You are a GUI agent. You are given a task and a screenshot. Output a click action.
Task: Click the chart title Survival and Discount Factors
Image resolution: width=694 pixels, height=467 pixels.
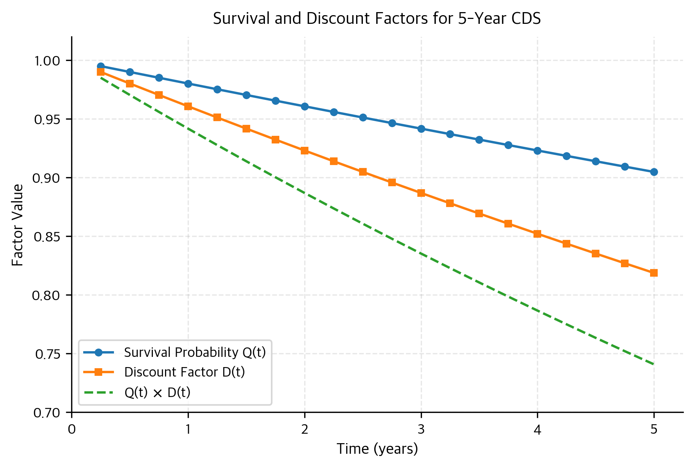377,19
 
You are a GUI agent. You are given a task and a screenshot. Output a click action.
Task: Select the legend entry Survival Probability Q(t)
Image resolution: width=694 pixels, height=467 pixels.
195,352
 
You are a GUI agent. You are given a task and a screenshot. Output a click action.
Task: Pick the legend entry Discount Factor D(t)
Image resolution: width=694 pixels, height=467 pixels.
184,372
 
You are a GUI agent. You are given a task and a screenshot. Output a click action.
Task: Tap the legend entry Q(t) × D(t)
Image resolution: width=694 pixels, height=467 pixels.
157,392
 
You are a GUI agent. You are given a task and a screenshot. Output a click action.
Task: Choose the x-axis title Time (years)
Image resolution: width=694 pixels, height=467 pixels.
377,449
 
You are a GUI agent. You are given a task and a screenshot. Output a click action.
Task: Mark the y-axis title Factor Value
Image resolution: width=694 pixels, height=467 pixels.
17,225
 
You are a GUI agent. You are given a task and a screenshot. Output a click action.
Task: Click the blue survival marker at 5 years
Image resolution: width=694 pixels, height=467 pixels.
654,172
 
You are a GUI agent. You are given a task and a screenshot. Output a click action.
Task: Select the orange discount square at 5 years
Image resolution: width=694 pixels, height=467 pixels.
654,273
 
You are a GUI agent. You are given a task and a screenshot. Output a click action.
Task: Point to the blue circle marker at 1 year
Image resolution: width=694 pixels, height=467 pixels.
188,84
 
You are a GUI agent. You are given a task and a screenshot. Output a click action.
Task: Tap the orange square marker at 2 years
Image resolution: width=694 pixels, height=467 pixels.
305,151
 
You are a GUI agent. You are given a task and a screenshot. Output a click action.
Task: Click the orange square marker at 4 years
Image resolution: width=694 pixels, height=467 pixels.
537,234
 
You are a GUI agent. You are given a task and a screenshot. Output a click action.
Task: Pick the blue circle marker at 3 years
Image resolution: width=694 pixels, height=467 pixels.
421,129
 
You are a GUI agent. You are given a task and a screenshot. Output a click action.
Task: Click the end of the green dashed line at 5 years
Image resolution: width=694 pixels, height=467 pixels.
654,364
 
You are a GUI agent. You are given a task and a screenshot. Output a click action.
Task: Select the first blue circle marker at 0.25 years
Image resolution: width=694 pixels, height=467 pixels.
101,66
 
